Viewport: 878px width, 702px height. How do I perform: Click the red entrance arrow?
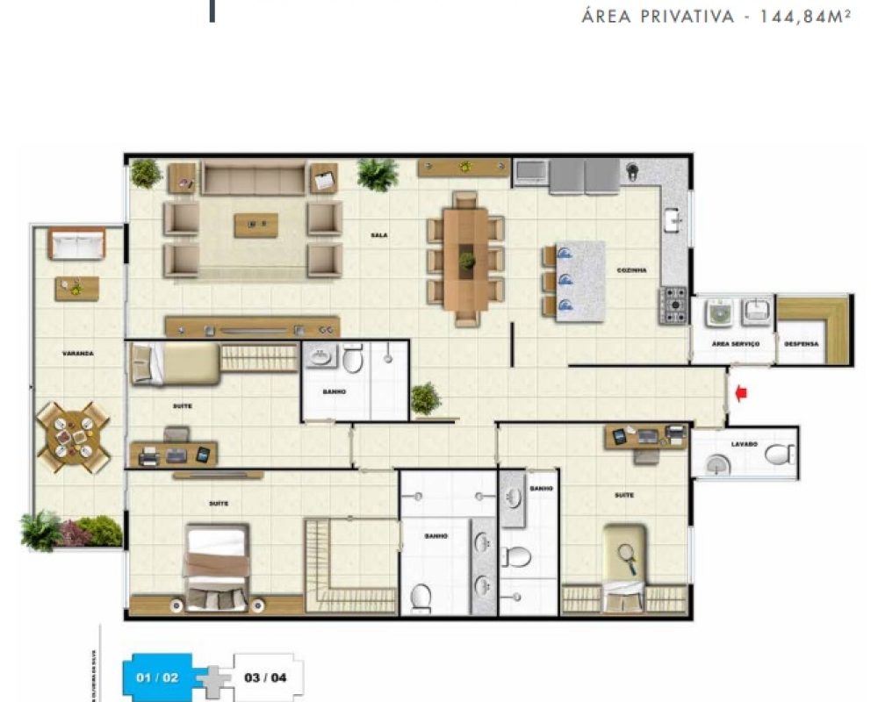(x=740, y=394)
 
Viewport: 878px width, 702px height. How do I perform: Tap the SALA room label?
(x=379, y=235)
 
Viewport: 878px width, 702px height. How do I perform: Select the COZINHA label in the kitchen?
(x=632, y=270)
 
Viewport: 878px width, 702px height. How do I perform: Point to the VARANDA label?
(x=77, y=354)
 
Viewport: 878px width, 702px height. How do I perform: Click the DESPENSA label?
(x=801, y=344)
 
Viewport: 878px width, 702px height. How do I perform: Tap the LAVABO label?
(x=745, y=445)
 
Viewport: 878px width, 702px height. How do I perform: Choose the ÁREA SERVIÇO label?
(x=735, y=344)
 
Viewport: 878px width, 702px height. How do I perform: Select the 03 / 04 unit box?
(x=264, y=677)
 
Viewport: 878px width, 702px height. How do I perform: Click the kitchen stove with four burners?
(x=674, y=304)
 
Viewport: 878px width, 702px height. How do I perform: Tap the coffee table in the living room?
(x=255, y=225)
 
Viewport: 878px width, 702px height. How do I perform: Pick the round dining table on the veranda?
(x=73, y=435)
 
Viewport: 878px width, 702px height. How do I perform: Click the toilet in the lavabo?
(x=778, y=455)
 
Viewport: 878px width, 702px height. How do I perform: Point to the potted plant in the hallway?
(x=425, y=398)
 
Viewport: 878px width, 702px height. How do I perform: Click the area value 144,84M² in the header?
(x=798, y=17)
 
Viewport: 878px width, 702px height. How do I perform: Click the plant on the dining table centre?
(x=466, y=261)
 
